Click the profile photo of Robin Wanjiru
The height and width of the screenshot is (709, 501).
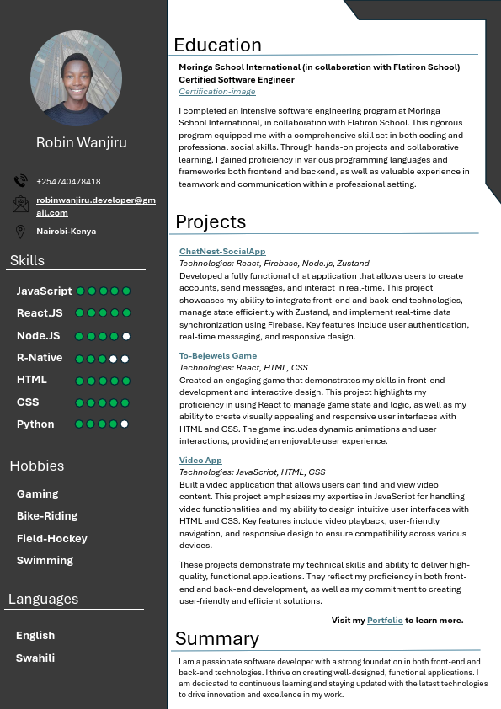coord(82,78)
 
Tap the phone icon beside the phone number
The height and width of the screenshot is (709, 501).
coord(21,181)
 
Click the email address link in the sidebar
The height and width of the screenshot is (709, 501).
coord(95,206)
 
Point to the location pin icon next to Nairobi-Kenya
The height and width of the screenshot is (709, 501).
coord(20,232)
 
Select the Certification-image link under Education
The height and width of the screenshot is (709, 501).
coord(216,92)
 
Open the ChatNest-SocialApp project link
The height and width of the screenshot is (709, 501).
coord(222,252)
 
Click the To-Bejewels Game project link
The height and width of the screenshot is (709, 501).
coord(217,356)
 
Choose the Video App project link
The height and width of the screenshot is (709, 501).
coord(200,461)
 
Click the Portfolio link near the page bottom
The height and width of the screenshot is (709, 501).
coord(385,621)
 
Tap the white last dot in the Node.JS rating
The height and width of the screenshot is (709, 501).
coord(126,336)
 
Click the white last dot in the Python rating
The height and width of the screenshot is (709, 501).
coord(125,424)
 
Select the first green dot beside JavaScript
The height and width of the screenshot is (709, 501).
coord(81,291)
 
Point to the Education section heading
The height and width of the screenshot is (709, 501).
coord(217,45)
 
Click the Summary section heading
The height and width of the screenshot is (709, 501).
coord(216,638)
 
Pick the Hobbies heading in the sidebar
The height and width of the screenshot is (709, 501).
coord(37,466)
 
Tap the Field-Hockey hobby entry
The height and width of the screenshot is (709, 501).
coord(52,538)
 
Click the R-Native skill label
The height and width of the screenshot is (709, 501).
coord(40,358)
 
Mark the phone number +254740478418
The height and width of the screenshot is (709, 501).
coord(68,182)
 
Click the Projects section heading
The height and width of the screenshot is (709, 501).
coord(211,222)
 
